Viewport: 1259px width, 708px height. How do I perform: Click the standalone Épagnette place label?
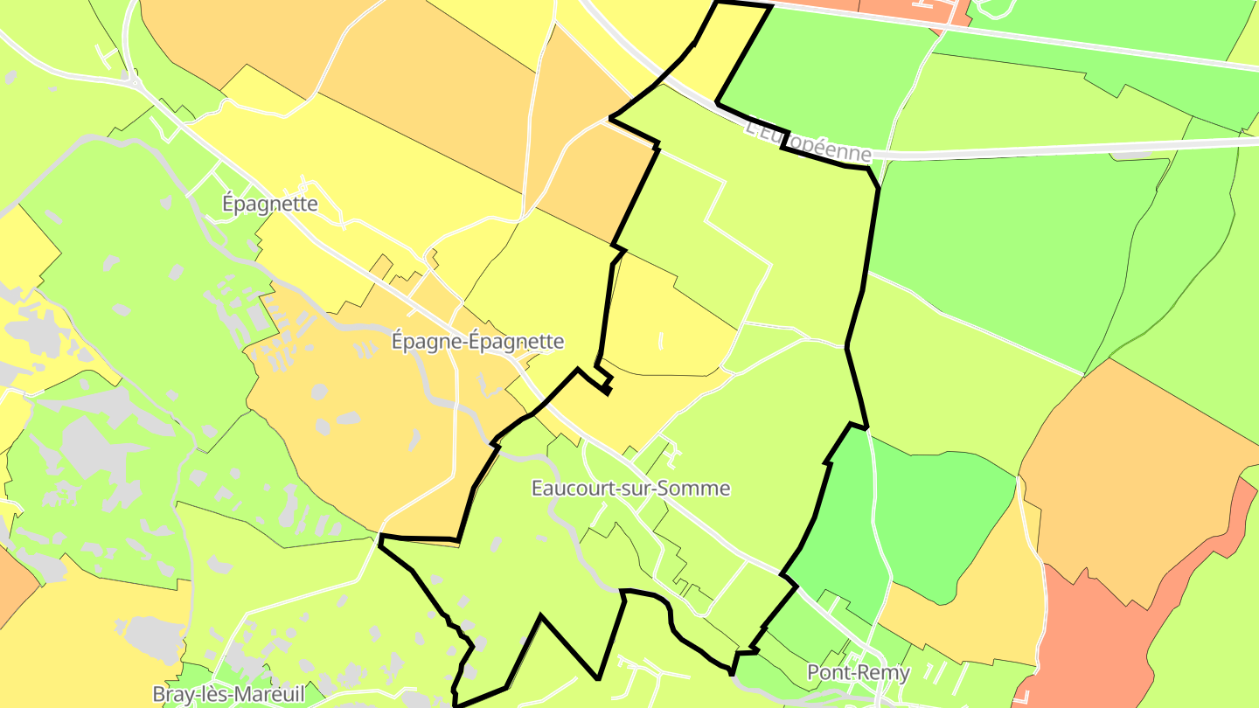click(269, 204)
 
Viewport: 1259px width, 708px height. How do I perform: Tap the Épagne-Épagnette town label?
click(477, 342)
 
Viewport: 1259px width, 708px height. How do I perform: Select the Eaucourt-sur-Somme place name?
click(630, 488)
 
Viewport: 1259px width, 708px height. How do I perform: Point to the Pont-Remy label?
click(858, 673)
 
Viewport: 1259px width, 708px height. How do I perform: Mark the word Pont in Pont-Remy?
click(828, 673)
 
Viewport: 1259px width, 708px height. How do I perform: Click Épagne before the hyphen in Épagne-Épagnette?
click(427, 342)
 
